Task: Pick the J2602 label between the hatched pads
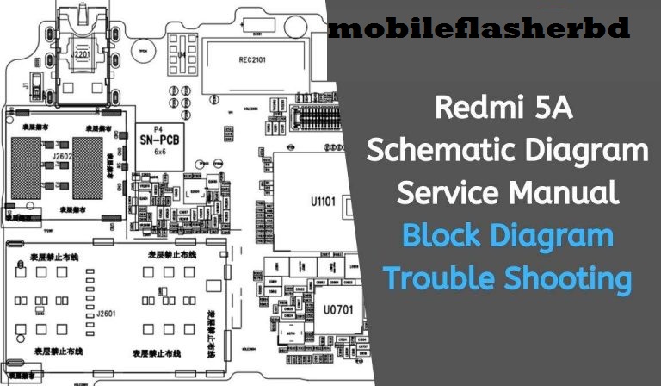60,158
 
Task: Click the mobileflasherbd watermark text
479,29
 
